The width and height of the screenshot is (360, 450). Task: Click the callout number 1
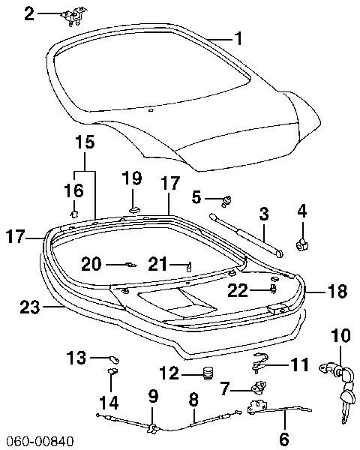238,38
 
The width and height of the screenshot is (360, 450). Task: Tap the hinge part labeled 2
74,18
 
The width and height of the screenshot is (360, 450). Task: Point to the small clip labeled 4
301,244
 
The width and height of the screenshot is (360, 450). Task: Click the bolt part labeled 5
226,200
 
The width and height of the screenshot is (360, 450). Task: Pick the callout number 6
284,438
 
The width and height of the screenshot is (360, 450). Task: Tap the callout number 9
153,397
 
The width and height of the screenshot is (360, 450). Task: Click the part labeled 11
261,362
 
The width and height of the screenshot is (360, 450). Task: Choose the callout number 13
76,357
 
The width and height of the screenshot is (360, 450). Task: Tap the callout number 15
85,142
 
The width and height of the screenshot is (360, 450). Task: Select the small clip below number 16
74,214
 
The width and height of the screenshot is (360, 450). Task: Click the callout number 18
338,291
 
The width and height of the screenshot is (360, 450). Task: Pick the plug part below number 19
133,210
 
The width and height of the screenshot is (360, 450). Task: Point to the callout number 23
30,307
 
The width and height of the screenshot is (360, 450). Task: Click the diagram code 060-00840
36,441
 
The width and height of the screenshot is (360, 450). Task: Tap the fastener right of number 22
274,289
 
